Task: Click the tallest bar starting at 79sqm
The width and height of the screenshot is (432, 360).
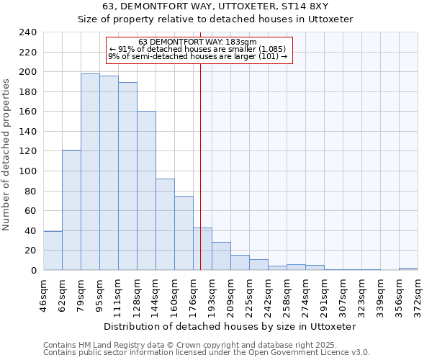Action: coord(90,172)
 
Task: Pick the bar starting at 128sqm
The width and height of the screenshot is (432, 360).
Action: coord(146,191)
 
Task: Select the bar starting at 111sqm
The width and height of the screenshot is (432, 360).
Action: coord(127,176)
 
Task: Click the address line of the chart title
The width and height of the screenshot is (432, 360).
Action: coord(216,7)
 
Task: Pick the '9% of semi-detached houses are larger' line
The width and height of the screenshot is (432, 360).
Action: coord(197,56)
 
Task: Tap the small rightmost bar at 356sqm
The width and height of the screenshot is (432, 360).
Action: coord(408,269)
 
